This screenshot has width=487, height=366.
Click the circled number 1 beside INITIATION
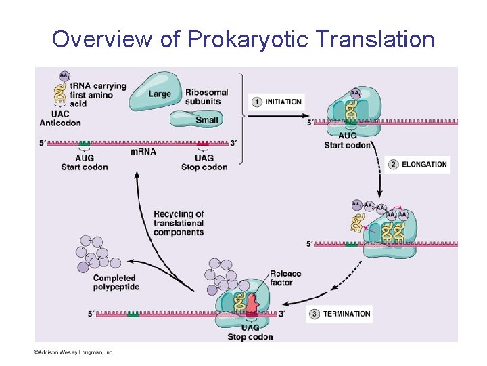[257, 102]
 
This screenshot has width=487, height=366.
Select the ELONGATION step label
[423, 164]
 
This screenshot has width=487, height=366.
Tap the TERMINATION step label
[346, 314]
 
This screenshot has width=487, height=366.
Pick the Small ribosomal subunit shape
[196, 119]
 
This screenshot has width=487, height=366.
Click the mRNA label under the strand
[143, 151]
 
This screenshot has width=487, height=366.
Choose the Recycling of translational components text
[179, 223]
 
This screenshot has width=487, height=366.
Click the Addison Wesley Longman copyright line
[75, 352]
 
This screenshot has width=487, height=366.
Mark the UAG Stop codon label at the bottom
[250, 332]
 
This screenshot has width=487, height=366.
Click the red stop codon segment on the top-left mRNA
[203, 144]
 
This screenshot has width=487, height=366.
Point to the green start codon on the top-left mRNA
[85, 144]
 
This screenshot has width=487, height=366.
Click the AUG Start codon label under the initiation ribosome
[347, 140]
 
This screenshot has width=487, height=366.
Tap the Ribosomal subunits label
[206, 97]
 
